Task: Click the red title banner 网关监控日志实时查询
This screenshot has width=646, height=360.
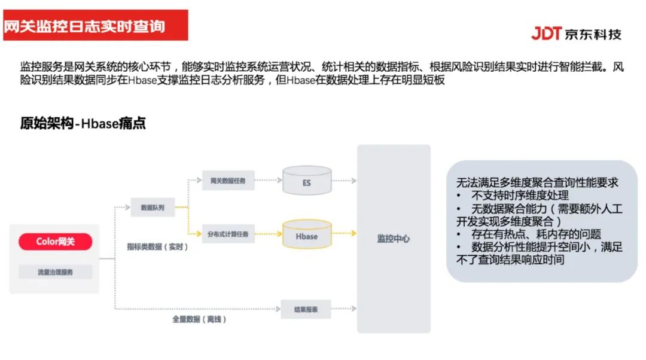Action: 96,26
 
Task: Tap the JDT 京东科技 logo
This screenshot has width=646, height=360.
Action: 576,33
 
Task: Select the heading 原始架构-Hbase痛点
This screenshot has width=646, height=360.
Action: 83,124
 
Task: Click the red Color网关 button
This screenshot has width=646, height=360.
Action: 55,242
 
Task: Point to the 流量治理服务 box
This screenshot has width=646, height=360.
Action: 55,271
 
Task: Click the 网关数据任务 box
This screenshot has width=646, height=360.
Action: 228,179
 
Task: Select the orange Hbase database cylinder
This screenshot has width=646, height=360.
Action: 306,236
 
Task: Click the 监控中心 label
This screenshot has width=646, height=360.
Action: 393,239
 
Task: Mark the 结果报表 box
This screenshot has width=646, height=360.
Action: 306,309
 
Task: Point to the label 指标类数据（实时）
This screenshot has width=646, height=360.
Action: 157,246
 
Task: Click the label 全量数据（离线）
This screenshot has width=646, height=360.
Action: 199,319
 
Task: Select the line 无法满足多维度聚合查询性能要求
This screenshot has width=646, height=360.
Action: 537,182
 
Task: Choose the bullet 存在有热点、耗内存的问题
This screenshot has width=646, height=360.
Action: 536,234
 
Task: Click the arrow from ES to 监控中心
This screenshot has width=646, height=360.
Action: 345,179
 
